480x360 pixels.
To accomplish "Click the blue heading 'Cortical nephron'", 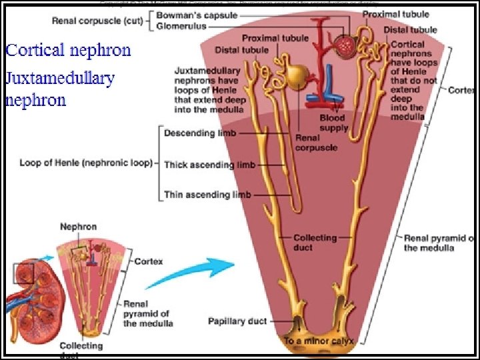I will tap(68, 50).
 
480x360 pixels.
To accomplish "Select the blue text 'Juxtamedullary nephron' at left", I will tap(60, 89).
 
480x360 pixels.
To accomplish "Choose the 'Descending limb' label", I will tap(199, 133).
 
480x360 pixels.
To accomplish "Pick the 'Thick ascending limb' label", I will tap(207, 165).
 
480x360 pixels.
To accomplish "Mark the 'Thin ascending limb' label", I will tap(207, 195).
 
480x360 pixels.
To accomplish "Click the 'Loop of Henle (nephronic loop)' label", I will tap(85, 162).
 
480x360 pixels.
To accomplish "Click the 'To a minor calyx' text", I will tap(318, 340).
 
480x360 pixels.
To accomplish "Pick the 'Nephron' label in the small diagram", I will tap(78, 227).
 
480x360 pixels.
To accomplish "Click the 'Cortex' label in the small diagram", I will tap(149, 261).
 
